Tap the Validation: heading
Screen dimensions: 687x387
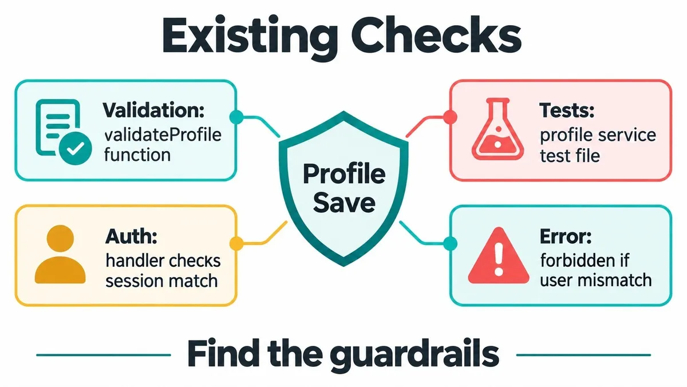[x=153, y=110]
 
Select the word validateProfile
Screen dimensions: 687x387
[x=163, y=135]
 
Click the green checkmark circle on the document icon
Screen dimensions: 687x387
[x=75, y=148]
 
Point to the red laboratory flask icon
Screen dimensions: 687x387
[x=498, y=129]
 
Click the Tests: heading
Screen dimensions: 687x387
[x=567, y=110]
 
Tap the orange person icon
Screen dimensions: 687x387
[x=60, y=254]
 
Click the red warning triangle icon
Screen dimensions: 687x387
[x=499, y=255]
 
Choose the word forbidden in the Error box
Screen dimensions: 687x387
[x=577, y=260]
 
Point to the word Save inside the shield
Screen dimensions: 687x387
[x=344, y=203]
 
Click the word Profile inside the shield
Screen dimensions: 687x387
[x=344, y=174]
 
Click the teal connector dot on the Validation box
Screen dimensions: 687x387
[x=236, y=117]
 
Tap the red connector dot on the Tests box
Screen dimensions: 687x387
[x=450, y=117]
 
